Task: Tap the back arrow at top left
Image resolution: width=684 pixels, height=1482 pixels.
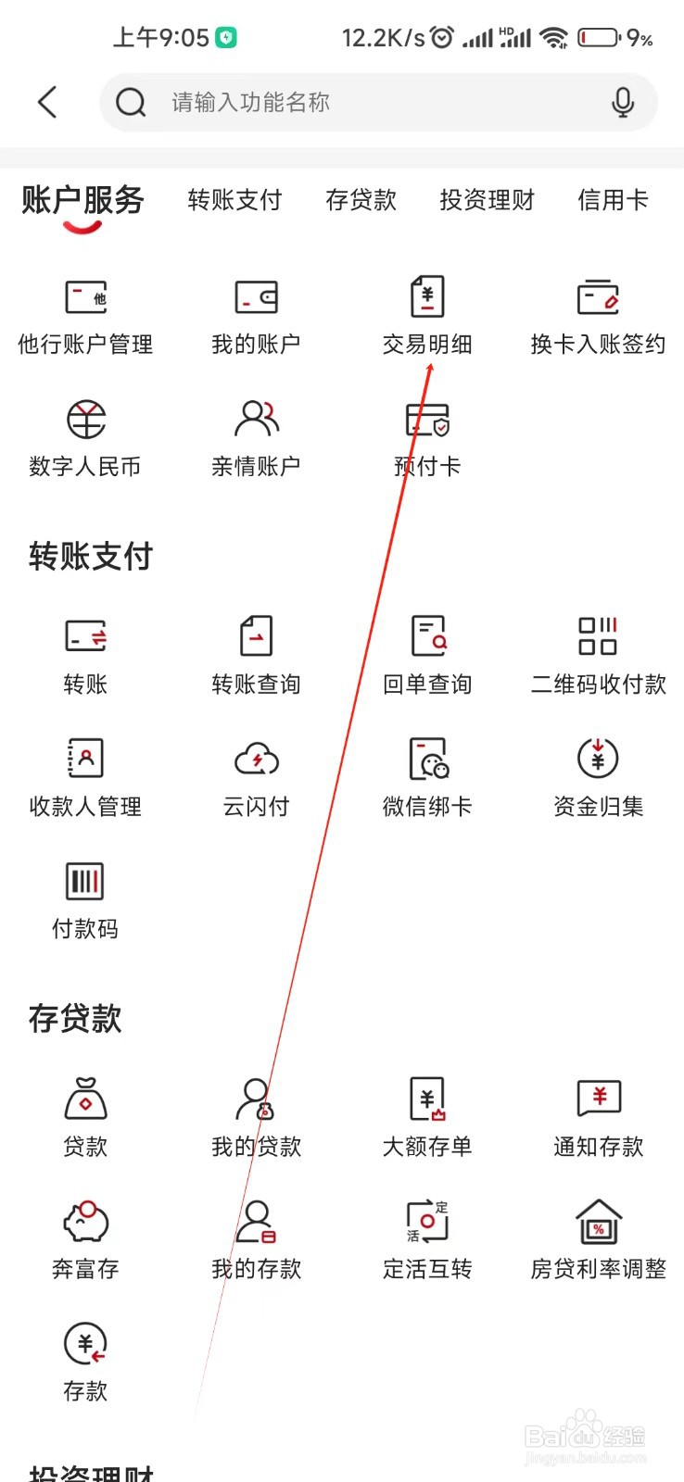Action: click(x=47, y=102)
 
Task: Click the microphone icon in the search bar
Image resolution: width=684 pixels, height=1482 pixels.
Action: click(x=623, y=102)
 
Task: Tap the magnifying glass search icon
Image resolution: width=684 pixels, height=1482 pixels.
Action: click(x=131, y=102)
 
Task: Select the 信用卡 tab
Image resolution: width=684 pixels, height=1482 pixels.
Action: click(x=613, y=200)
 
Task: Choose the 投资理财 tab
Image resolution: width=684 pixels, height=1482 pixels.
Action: click(x=487, y=200)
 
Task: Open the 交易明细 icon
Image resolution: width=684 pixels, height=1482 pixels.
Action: click(x=427, y=297)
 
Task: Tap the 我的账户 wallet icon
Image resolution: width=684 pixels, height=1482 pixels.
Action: click(x=256, y=297)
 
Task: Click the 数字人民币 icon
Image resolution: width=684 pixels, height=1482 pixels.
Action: click(x=85, y=420)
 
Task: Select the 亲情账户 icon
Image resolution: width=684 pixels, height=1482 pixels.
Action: click(x=256, y=419)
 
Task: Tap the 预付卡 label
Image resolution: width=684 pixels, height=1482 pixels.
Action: click(x=427, y=467)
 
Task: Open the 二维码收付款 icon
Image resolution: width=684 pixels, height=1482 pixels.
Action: click(x=598, y=636)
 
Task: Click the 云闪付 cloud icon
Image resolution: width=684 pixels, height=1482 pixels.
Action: click(x=256, y=760)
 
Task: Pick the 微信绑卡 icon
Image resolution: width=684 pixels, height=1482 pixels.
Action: click(x=428, y=759)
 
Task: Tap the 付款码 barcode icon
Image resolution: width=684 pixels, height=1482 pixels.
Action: click(x=85, y=881)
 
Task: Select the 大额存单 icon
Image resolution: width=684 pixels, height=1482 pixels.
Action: click(x=427, y=1099)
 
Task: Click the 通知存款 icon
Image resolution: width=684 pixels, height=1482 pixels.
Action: click(x=599, y=1099)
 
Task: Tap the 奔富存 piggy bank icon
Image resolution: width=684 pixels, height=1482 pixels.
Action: click(x=85, y=1221)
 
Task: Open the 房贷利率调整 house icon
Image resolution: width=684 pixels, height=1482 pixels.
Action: click(x=599, y=1221)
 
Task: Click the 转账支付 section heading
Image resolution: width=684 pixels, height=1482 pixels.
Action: click(x=91, y=557)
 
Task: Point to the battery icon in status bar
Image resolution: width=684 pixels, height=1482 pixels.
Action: click(x=600, y=38)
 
